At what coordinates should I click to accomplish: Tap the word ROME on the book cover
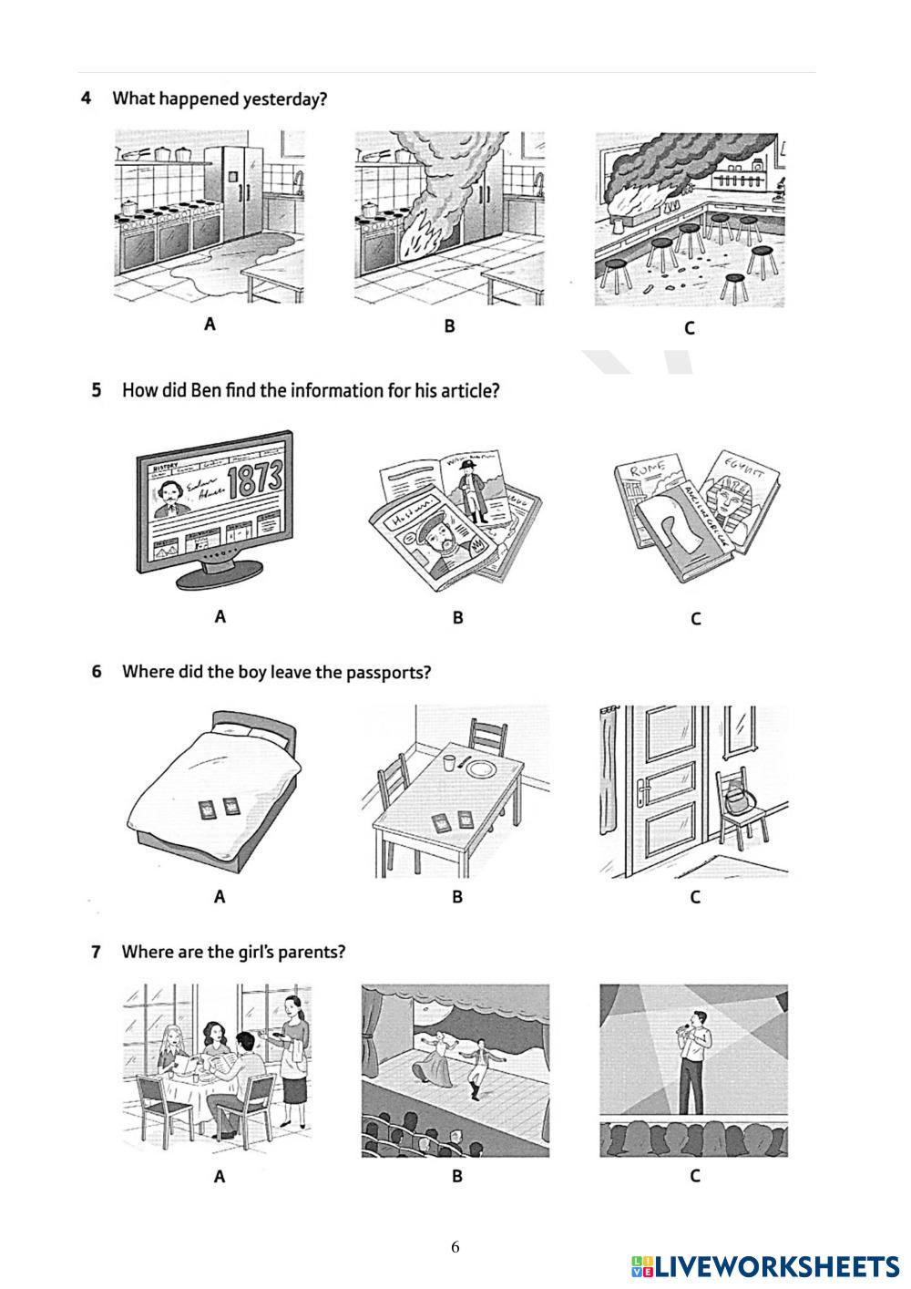(640, 471)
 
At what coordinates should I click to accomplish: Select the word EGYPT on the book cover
(745, 464)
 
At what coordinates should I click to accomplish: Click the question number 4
(86, 98)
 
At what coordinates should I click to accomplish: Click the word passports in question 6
(386, 673)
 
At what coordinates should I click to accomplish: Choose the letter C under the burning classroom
(689, 328)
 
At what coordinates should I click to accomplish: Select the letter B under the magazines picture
(457, 617)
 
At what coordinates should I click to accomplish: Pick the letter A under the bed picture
(220, 897)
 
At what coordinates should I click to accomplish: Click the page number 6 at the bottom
(455, 1247)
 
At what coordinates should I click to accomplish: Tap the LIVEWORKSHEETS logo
(764, 1266)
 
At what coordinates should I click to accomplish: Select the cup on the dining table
(447, 762)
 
